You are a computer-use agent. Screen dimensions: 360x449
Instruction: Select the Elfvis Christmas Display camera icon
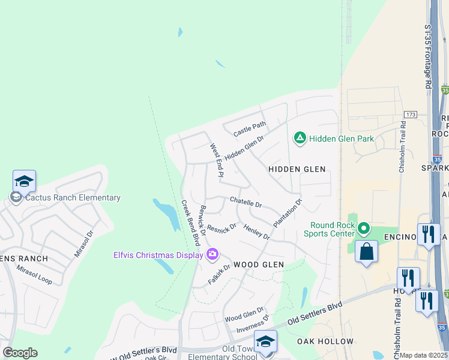212,255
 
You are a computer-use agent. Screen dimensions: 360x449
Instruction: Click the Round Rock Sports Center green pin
363,229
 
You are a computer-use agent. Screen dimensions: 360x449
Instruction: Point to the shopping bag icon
366,251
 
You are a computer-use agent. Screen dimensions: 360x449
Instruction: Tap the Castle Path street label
250,129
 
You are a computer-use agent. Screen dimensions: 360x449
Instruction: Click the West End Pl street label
216,160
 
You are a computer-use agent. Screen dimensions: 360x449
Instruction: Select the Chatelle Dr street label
246,202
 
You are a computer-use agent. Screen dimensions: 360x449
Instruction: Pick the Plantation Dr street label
288,213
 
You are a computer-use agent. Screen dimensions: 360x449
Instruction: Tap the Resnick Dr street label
221,229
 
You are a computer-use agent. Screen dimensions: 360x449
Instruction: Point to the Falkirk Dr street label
219,274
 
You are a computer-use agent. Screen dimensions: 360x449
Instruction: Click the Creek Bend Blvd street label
190,223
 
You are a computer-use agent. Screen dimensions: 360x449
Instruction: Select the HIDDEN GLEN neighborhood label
297,170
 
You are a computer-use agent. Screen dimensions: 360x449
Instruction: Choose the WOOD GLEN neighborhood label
258,265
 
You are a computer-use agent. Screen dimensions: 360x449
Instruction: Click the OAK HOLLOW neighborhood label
325,341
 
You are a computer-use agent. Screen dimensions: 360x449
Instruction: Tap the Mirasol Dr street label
84,244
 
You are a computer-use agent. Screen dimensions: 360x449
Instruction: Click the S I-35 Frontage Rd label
427,58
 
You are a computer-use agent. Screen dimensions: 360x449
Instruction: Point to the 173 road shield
411,114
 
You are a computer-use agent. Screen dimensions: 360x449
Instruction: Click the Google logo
20,353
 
